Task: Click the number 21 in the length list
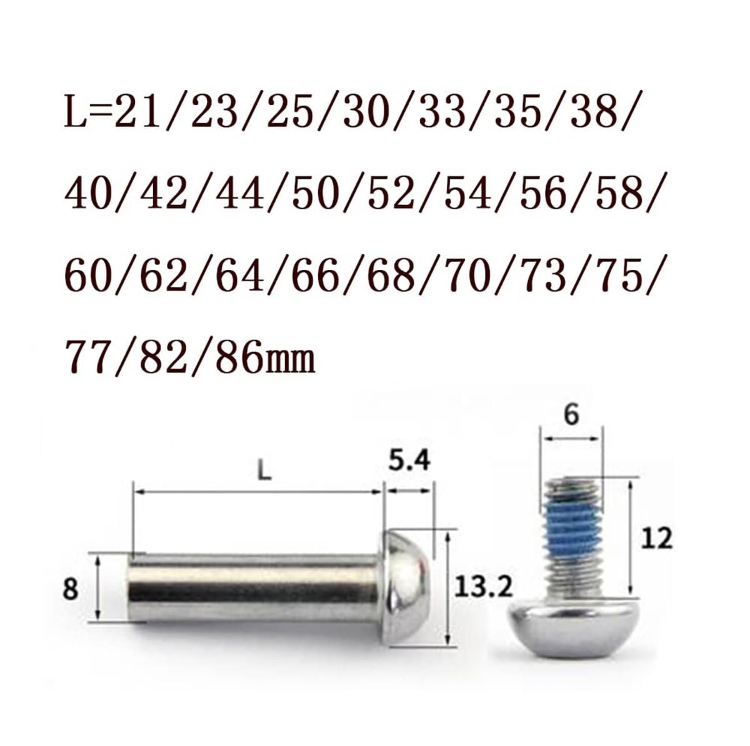[137, 114]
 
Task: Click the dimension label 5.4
[409, 461]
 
